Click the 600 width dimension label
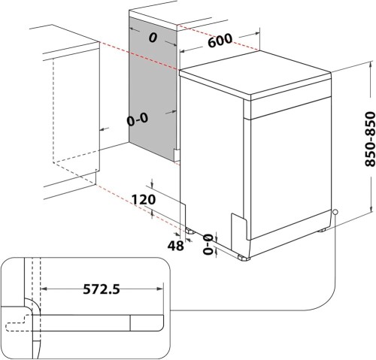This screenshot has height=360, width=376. (220, 41)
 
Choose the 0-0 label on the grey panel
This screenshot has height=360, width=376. (137, 118)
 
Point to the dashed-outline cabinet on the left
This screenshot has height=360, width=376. (71, 113)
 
